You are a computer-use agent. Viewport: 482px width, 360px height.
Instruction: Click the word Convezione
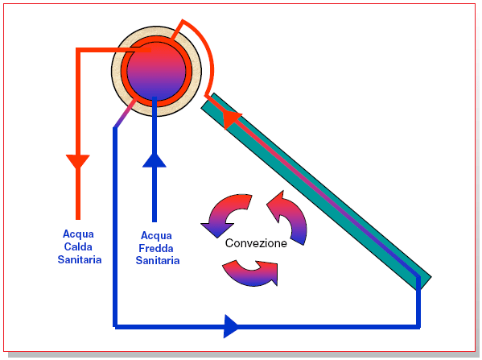[x=256, y=243]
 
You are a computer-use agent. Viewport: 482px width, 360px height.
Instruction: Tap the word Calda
[x=78, y=246]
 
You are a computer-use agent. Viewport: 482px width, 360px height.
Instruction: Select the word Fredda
[x=156, y=248]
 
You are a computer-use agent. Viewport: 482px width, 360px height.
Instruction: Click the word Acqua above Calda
[x=78, y=234]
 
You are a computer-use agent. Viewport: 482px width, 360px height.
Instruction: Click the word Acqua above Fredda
[x=156, y=236]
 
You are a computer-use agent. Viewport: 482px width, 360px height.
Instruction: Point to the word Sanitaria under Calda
[x=80, y=259]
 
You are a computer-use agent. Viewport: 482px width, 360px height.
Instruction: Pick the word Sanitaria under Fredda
[x=158, y=261]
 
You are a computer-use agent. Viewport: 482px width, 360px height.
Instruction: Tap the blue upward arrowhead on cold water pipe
[x=154, y=160]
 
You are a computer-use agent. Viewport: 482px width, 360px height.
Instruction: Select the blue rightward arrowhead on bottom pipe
[x=231, y=326]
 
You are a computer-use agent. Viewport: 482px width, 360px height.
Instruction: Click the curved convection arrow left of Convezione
[x=226, y=215]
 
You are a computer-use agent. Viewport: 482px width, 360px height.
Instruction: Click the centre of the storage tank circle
[x=156, y=72]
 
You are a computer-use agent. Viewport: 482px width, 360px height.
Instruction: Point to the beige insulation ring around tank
[x=116, y=72]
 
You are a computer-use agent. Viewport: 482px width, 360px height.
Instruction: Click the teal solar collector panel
[x=316, y=192]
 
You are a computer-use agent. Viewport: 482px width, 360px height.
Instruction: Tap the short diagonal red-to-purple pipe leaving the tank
[x=125, y=114]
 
